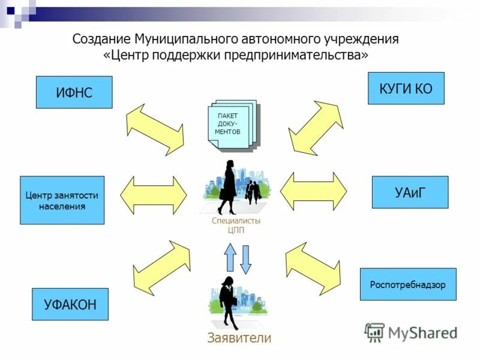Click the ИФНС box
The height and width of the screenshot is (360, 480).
coord(74,92)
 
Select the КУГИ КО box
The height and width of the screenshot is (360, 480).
coord(406,88)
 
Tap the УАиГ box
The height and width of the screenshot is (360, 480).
coord(410,192)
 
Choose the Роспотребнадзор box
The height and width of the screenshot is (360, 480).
coord(407,284)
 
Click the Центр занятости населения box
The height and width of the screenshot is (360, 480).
coord(62,200)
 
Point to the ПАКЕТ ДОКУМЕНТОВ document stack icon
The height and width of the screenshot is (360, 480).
coord(232,126)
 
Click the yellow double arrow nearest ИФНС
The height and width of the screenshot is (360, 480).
coord(155,130)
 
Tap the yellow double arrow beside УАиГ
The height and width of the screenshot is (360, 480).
coord(313,191)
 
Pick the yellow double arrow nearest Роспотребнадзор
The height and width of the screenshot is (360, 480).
coord(313,265)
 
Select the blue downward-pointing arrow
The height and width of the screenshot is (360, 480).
coord(246,259)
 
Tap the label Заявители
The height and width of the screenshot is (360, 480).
coord(239,338)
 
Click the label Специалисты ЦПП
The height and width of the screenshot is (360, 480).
coord(236,225)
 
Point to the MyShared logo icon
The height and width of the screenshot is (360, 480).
coord(374,332)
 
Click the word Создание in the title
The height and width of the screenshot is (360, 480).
coord(101,40)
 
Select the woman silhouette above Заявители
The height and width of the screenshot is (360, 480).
coord(229,302)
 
